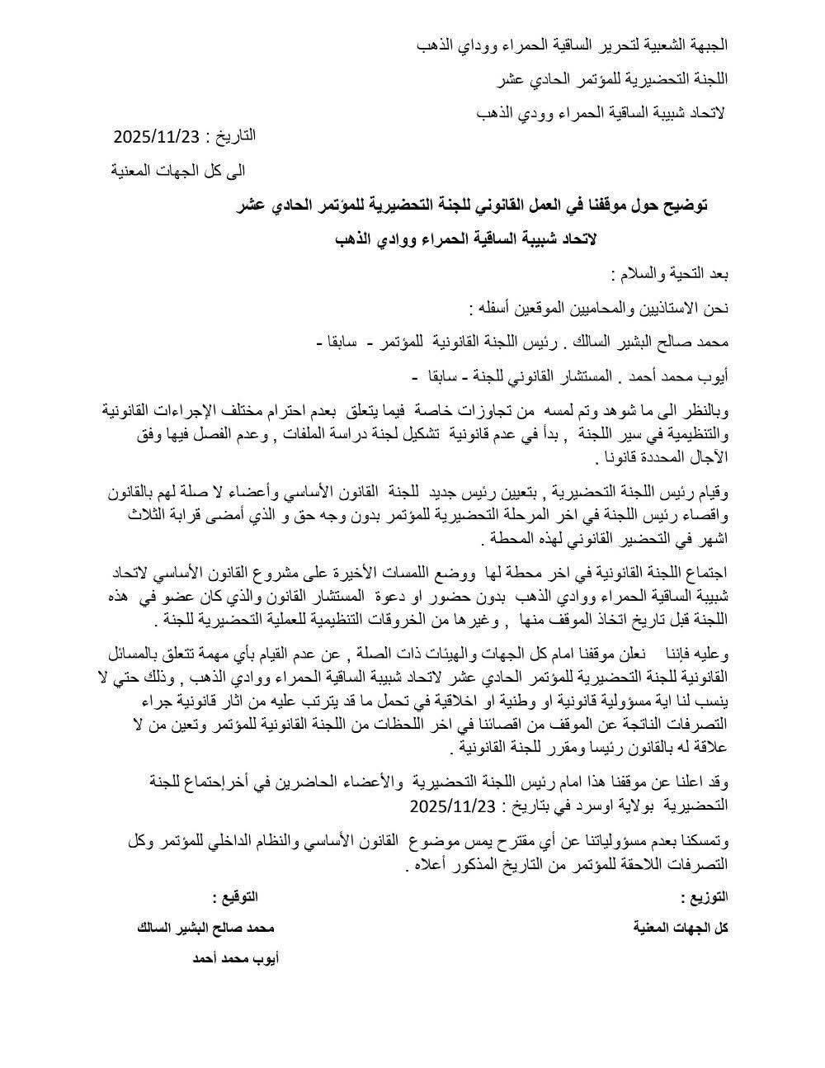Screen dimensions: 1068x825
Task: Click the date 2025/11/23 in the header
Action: tap(157, 136)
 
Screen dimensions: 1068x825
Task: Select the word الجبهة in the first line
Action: tap(705, 45)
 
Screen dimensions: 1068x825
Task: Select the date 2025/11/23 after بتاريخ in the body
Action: tap(450, 805)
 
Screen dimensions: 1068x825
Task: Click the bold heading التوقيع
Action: tap(235, 897)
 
